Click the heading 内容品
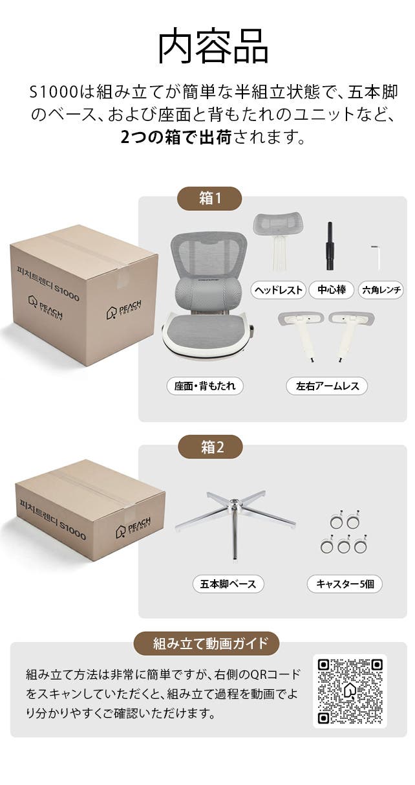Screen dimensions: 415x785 point(213,47)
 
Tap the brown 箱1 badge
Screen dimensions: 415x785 point(209,199)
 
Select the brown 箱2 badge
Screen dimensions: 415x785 point(210,447)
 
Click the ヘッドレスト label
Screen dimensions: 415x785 point(279,290)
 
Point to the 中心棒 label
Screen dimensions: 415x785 point(332,290)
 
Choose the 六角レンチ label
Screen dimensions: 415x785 point(381,290)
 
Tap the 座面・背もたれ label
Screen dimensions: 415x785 point(205,386)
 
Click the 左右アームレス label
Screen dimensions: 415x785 point(327,386)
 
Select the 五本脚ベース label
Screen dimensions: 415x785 point(228,584)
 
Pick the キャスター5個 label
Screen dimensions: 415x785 point(345,584)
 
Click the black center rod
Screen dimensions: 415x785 point(330,246)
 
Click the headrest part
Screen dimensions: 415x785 point(277,242)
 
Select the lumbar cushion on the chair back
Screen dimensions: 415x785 point(209,292)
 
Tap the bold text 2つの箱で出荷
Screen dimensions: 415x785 point(176,137)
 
